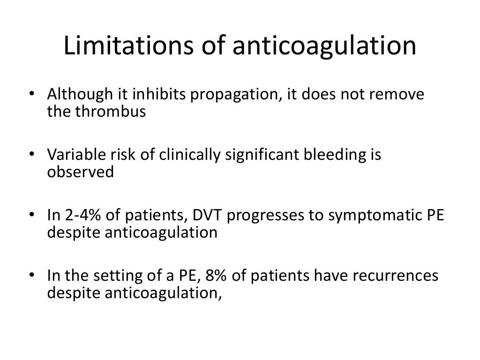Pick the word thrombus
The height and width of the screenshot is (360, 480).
pyautogui.click(x=113, y=113)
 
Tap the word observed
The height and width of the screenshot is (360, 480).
pyautogui.click(x=80, y=172)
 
